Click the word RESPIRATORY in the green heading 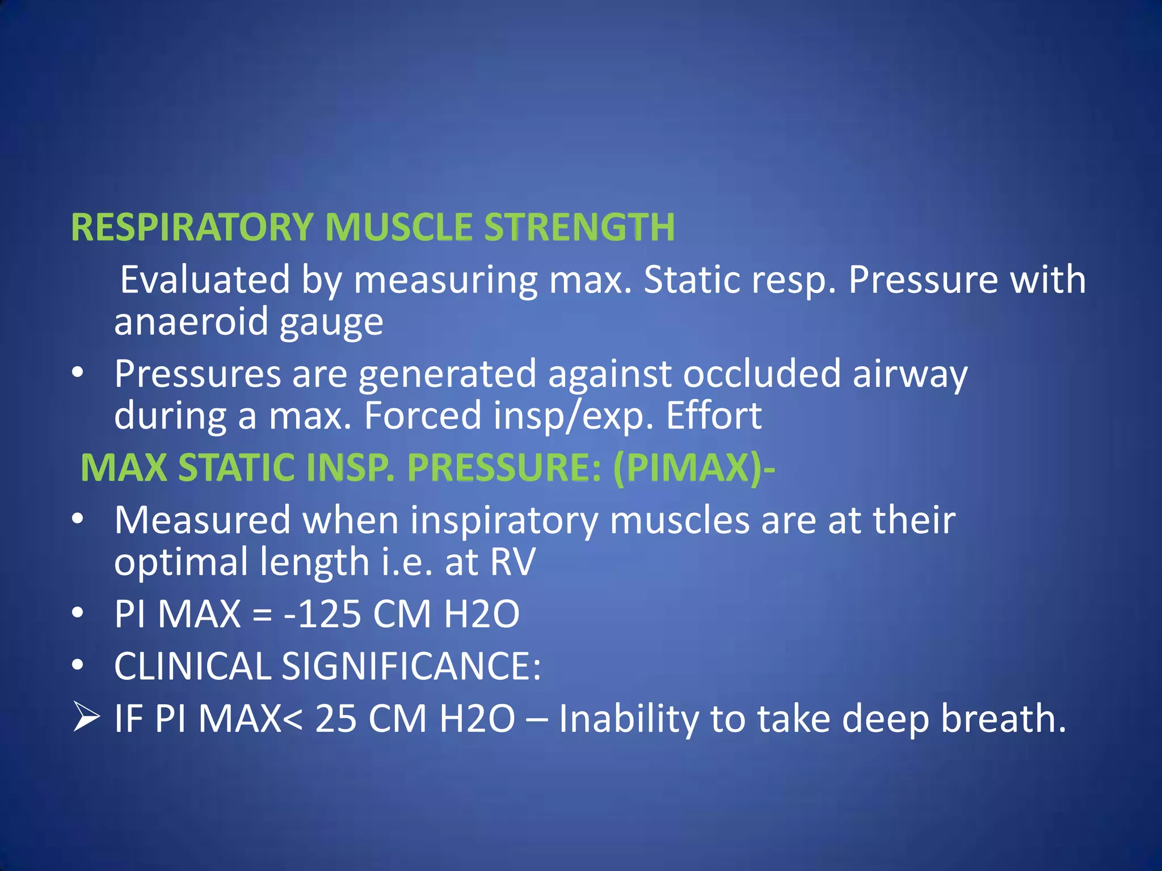(x=192, y=227)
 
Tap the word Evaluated (x=205, y=280)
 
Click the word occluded (x=761, y=374)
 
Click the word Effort (x=714, y=416)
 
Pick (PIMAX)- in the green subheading (x=693, y=468)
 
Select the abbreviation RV (x=512, y=562)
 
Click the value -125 (x=322, y=614)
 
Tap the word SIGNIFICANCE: (x=411, y=666)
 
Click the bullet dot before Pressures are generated (x=78, y=373)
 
